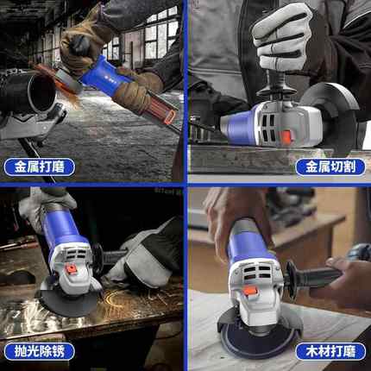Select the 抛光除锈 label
pyautogui.click(x=39, y=351)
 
